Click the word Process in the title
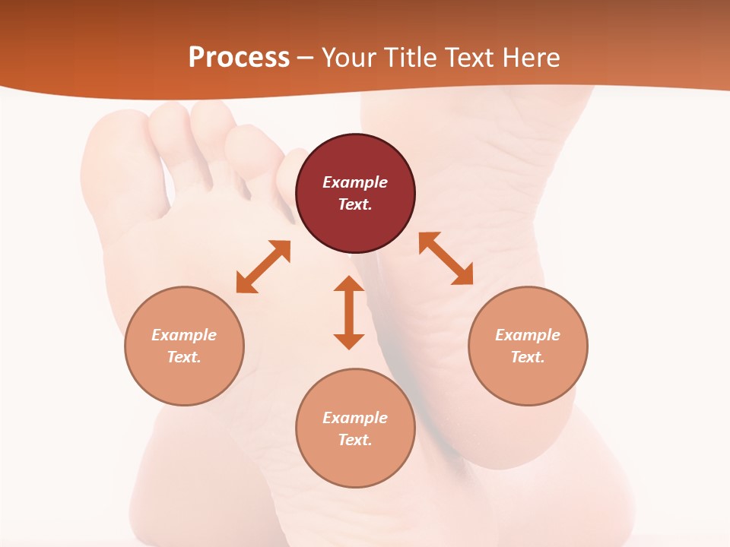click(x=239, y=58)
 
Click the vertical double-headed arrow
click(x=349, y=312)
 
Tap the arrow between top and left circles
click(x=263, y=267)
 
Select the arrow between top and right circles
click(x=446, y=258)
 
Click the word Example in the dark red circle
click(x=355, y=182)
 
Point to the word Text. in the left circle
click(x=184, y=357)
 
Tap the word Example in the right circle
click(x=528, y=335)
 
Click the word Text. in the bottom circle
click(x=355, y=440)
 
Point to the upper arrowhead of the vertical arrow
click(x=349, y=284)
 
